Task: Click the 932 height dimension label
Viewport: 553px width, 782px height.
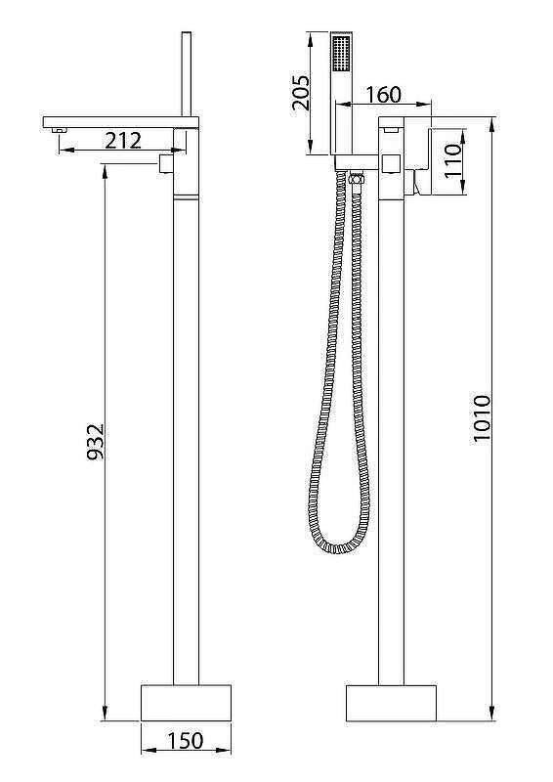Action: (95, 442)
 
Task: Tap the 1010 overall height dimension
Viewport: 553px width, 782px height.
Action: (483, 418)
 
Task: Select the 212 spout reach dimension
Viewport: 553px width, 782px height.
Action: (123, 141)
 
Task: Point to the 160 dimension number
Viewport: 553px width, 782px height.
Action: (383, 94)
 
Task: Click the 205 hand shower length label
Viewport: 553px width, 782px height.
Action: (301, 93)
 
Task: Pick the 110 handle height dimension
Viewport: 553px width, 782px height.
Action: (453, 160)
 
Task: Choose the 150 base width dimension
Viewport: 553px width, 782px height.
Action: (186, 740)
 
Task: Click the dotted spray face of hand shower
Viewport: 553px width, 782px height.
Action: (341, 54)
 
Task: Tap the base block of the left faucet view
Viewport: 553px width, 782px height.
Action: (186, 702)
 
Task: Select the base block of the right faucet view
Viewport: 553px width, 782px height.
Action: (392, 703)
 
